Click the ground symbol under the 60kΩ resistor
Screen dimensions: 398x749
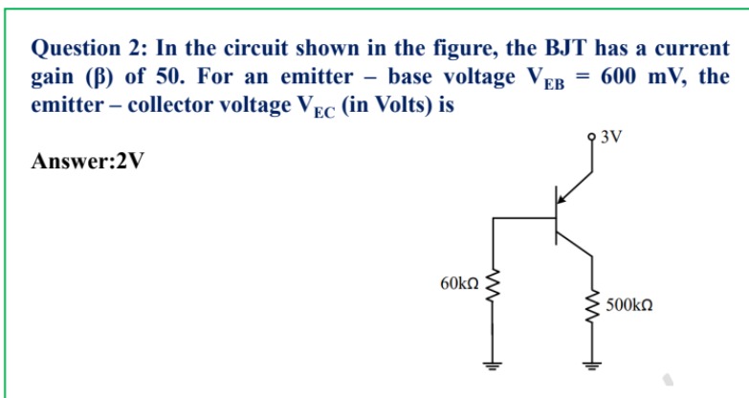pos(494,364)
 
